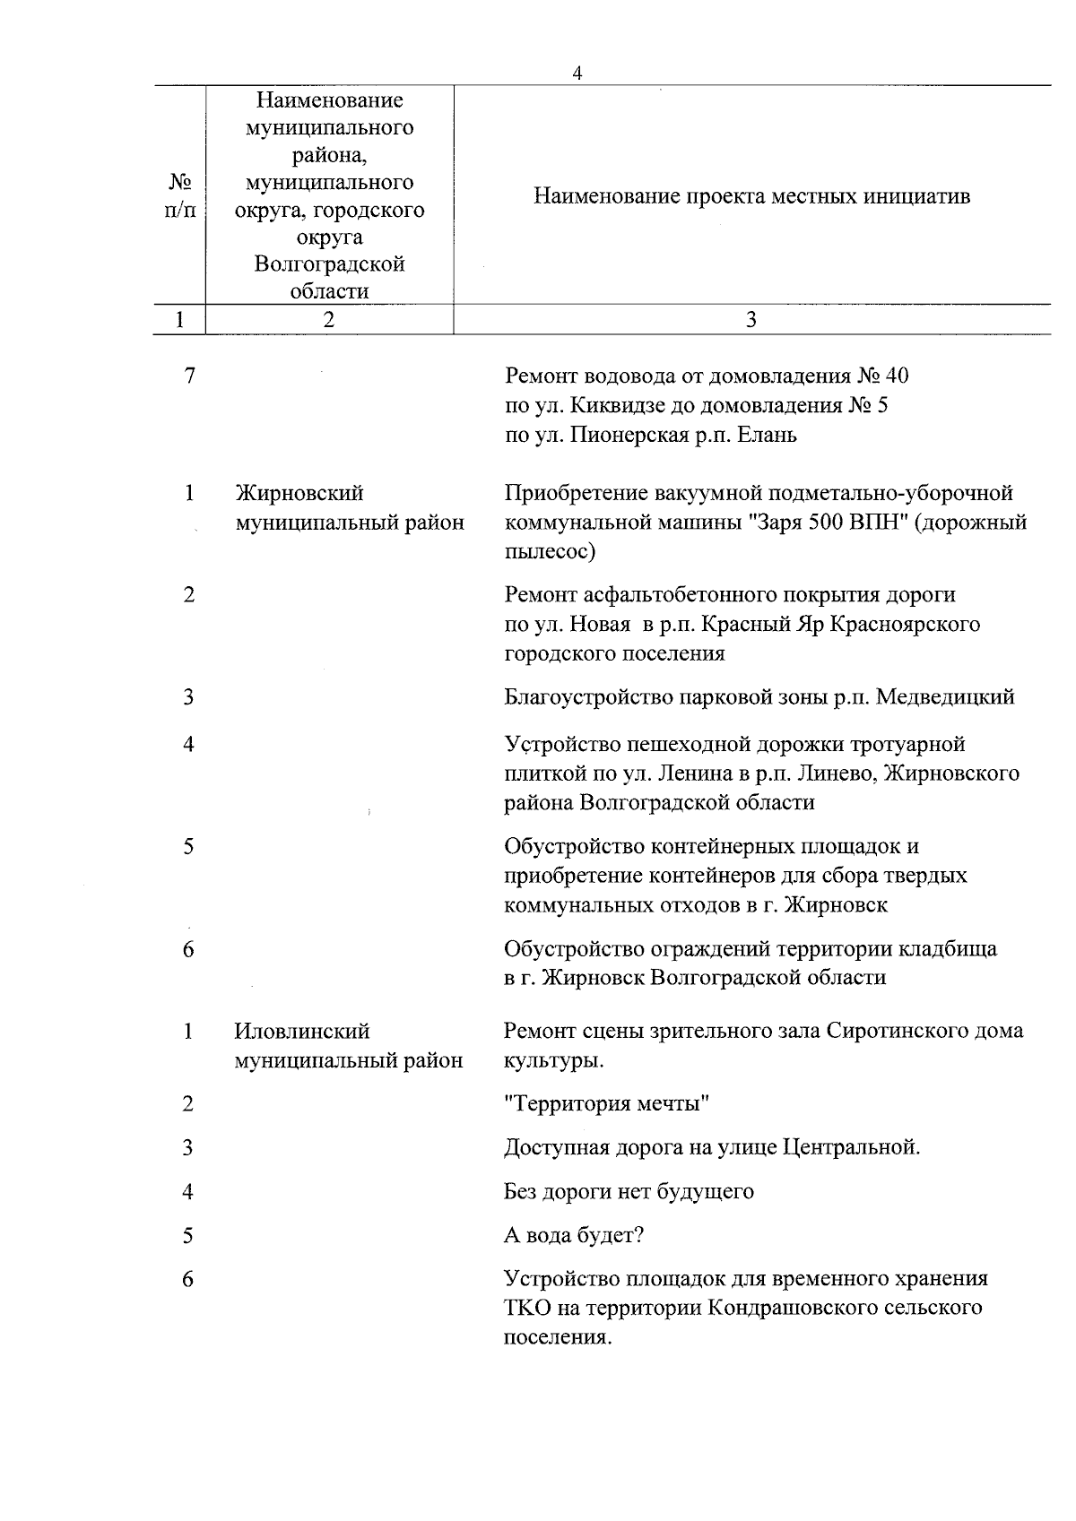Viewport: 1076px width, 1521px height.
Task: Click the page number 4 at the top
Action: pyautogui.click(x=577, y=74)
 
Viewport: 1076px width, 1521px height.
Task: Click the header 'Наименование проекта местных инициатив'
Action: pyautogui.click(x=751, y=196)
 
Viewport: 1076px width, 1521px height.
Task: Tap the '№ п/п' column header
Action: pyautogui.click(x=181, y=196)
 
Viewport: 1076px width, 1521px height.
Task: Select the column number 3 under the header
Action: pyautogui.click(x=751, y=320)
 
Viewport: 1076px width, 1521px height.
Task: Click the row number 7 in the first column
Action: pyautogui.click(x=189, y=376)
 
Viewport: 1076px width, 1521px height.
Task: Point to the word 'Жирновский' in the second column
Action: pyautogui.click(x=299, y=493)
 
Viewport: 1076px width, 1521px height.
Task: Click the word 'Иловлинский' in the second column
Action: pyautogui.click(x=302, y=1032)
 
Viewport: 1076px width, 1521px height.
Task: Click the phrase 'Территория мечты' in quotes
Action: pyautogui.click(x=607, y=1103)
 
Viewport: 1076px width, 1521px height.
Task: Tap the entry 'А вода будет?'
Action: pyautogui.click(x=574, y=1236)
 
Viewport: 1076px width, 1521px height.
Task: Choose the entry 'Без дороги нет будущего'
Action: pyautogui.click(x=629, y=1192)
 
